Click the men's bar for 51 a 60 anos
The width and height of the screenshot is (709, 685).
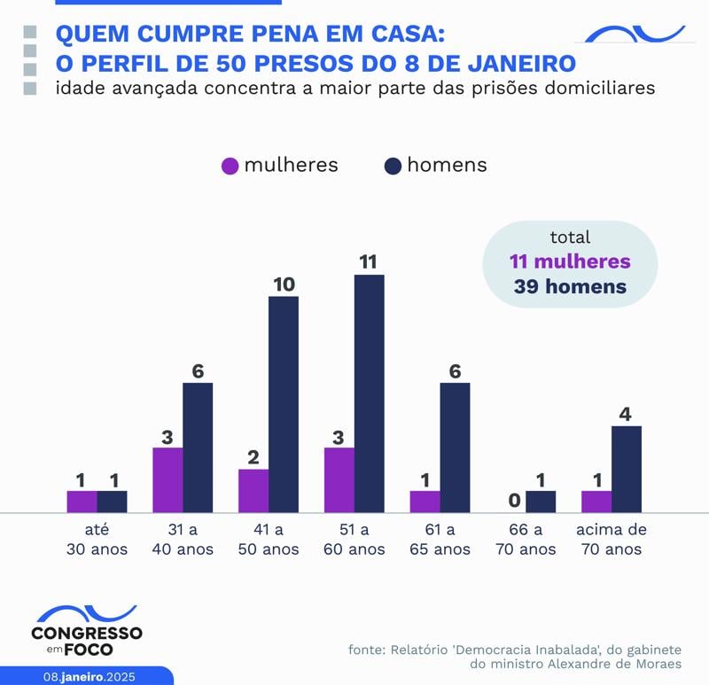(370, 393)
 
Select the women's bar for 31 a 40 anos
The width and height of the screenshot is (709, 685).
(168, 479)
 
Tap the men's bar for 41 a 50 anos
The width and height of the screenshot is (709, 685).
(284, 404)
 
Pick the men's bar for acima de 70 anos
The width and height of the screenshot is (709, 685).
(627, 469)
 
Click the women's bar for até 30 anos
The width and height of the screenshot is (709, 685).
(82, 502)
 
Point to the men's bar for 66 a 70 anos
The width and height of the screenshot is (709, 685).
(541, 502)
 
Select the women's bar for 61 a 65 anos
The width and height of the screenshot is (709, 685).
(425, 502)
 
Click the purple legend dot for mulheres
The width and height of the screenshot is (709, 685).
(230, 166)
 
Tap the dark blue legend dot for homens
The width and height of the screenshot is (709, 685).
(393, 166)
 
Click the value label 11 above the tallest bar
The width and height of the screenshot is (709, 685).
(369, 261)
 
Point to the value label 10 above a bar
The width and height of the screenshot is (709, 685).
(284, 284)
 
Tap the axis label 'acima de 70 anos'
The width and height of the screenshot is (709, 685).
(612, 540)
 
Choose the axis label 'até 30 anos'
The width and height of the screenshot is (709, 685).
(97, 540)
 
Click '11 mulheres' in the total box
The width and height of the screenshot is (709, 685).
(570, 262)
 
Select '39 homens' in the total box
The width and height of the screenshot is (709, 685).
(570, 287)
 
